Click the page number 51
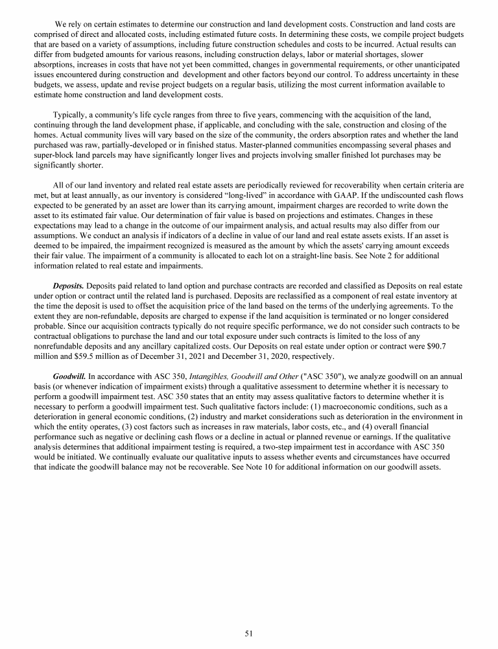coord(248,633)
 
